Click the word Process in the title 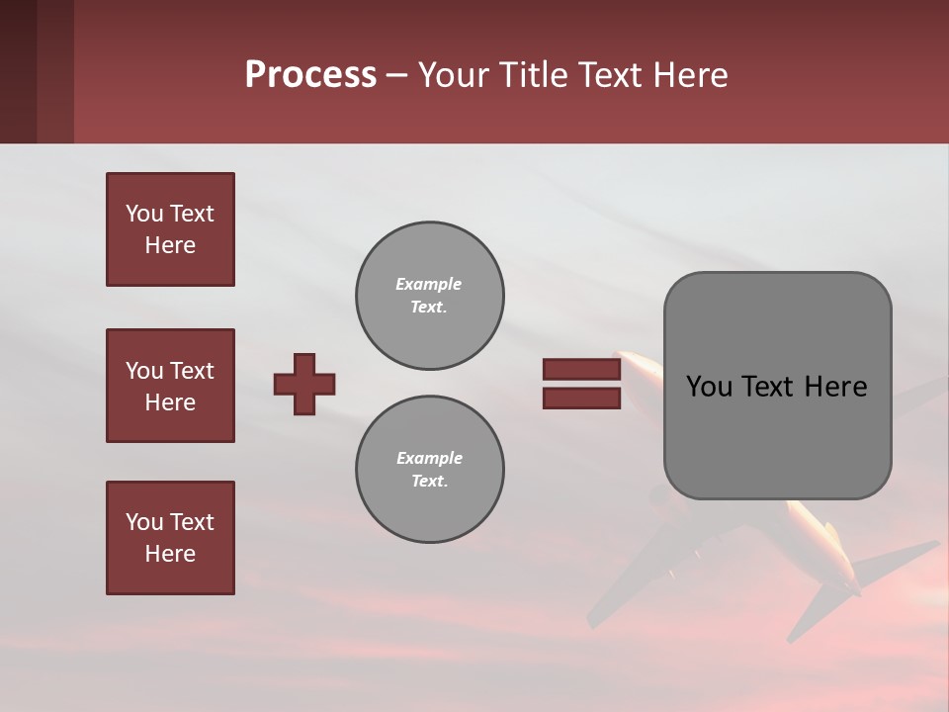click(310, 75)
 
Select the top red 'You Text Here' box click(170, 229)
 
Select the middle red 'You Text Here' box click(170, 386)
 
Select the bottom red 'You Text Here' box click(170, 538)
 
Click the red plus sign click(304, 384)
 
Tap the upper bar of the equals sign click(581, 369)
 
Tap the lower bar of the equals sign click(581, 398)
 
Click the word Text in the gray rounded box click(769, 387)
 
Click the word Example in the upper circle click(428, 284)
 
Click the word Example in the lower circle click(429, 458)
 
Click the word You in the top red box click(144, 214)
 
